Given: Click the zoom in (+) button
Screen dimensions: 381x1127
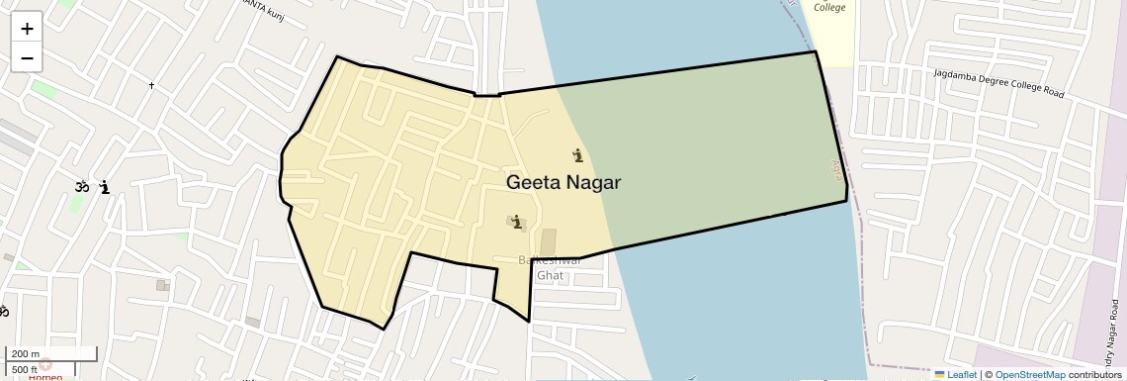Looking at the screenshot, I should coord(27,29).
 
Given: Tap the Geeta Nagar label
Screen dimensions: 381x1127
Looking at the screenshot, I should coord(563,183).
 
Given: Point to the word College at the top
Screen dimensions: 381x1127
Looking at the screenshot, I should coord(829,8).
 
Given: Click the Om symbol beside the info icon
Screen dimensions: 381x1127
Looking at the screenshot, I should coord(81,186).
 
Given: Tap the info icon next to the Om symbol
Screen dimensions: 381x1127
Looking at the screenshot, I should coord(104,187).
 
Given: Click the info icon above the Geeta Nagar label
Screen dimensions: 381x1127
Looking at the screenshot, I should coord(577,155).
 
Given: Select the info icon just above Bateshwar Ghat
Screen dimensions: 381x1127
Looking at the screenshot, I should coord(516,222).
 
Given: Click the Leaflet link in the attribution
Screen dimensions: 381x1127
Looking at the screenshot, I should coord(956,375).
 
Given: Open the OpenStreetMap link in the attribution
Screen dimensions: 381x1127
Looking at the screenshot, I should coord(1029,375).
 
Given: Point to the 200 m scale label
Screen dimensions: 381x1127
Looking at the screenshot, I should coord(25,354).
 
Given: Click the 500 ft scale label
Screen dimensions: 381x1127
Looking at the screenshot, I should coord(26,368).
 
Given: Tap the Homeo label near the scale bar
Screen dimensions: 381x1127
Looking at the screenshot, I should coord(44,376).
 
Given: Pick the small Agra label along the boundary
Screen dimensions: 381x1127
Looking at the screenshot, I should coord(835,169).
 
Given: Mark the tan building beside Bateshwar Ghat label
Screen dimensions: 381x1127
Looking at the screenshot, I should coord(549,242).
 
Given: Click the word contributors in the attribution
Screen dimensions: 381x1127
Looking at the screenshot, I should coord(1095,375).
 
